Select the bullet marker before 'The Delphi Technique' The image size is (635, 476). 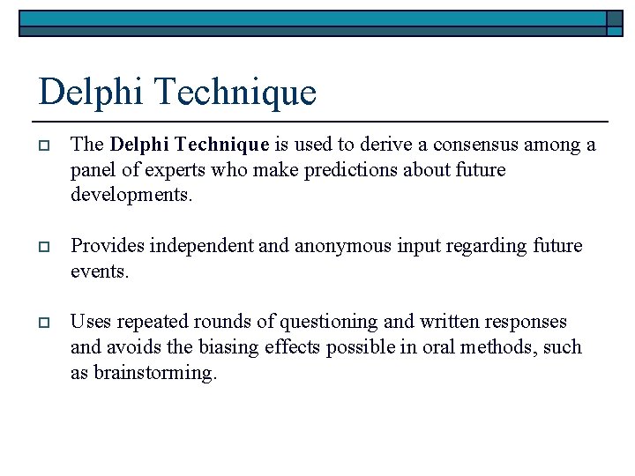[x=43, y=145]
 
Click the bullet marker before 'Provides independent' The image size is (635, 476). [x=43, y=246]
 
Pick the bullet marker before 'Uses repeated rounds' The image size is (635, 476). [x=43, y=323]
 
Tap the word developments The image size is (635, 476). [x=131, y=194]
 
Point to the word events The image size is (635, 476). [x=99, y=271]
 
